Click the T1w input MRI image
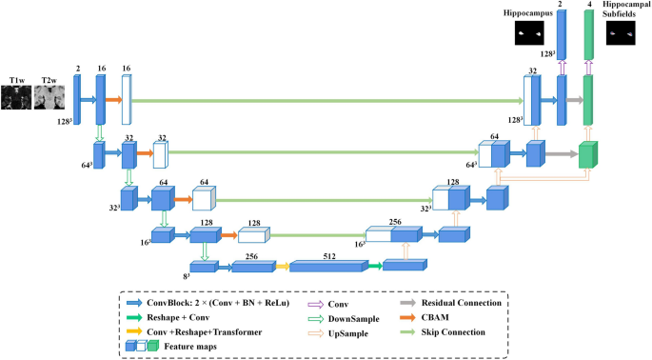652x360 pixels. click(x=17, y=98)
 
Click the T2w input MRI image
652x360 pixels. click(x=48, y=98)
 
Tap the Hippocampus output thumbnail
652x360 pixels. click(x=527, y=33)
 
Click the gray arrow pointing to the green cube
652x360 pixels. click(x=562, y=153)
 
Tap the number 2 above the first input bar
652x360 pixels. click(x=76, y=70)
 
